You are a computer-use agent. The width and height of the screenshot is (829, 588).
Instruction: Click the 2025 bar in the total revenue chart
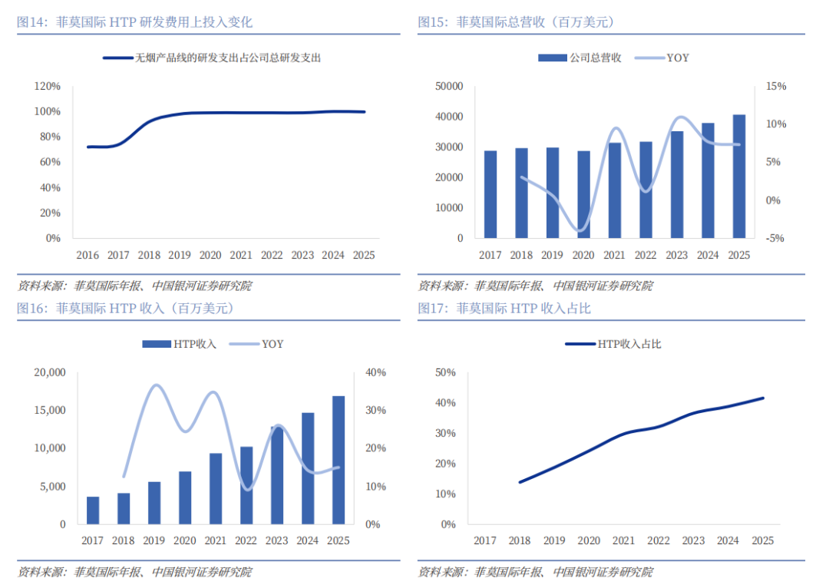738,176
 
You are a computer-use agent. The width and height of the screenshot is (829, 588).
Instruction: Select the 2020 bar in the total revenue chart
583,194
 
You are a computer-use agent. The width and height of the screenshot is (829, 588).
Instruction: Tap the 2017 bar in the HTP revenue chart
93,510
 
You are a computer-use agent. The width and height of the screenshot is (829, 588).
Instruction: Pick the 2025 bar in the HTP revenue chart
339,460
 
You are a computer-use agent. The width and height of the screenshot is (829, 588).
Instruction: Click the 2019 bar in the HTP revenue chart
154,503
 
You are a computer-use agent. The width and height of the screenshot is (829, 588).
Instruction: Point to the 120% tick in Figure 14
48,86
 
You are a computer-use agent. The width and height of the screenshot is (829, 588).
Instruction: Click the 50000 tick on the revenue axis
449,86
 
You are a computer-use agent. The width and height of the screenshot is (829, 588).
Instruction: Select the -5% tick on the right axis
775,239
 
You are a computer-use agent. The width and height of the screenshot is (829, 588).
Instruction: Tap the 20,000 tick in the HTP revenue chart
50,372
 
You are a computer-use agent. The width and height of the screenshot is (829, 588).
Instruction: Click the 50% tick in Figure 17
445,372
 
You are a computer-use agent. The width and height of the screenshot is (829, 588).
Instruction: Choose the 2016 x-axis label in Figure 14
88,255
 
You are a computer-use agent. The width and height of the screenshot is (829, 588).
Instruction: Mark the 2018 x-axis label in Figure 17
520,540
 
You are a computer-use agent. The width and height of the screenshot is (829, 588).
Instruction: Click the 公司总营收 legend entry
580,58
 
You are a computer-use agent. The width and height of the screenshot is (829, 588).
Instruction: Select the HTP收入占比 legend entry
613,344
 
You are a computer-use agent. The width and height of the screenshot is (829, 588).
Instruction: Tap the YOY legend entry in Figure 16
256,344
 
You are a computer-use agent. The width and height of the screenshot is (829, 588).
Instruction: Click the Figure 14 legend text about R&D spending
228,58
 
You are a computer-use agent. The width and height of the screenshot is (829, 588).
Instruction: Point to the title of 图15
517,22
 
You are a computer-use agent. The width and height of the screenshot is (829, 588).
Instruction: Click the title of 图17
504,309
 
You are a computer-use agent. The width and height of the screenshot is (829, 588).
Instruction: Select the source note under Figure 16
135,572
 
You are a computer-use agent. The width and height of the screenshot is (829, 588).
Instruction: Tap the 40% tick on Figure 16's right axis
375,372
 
